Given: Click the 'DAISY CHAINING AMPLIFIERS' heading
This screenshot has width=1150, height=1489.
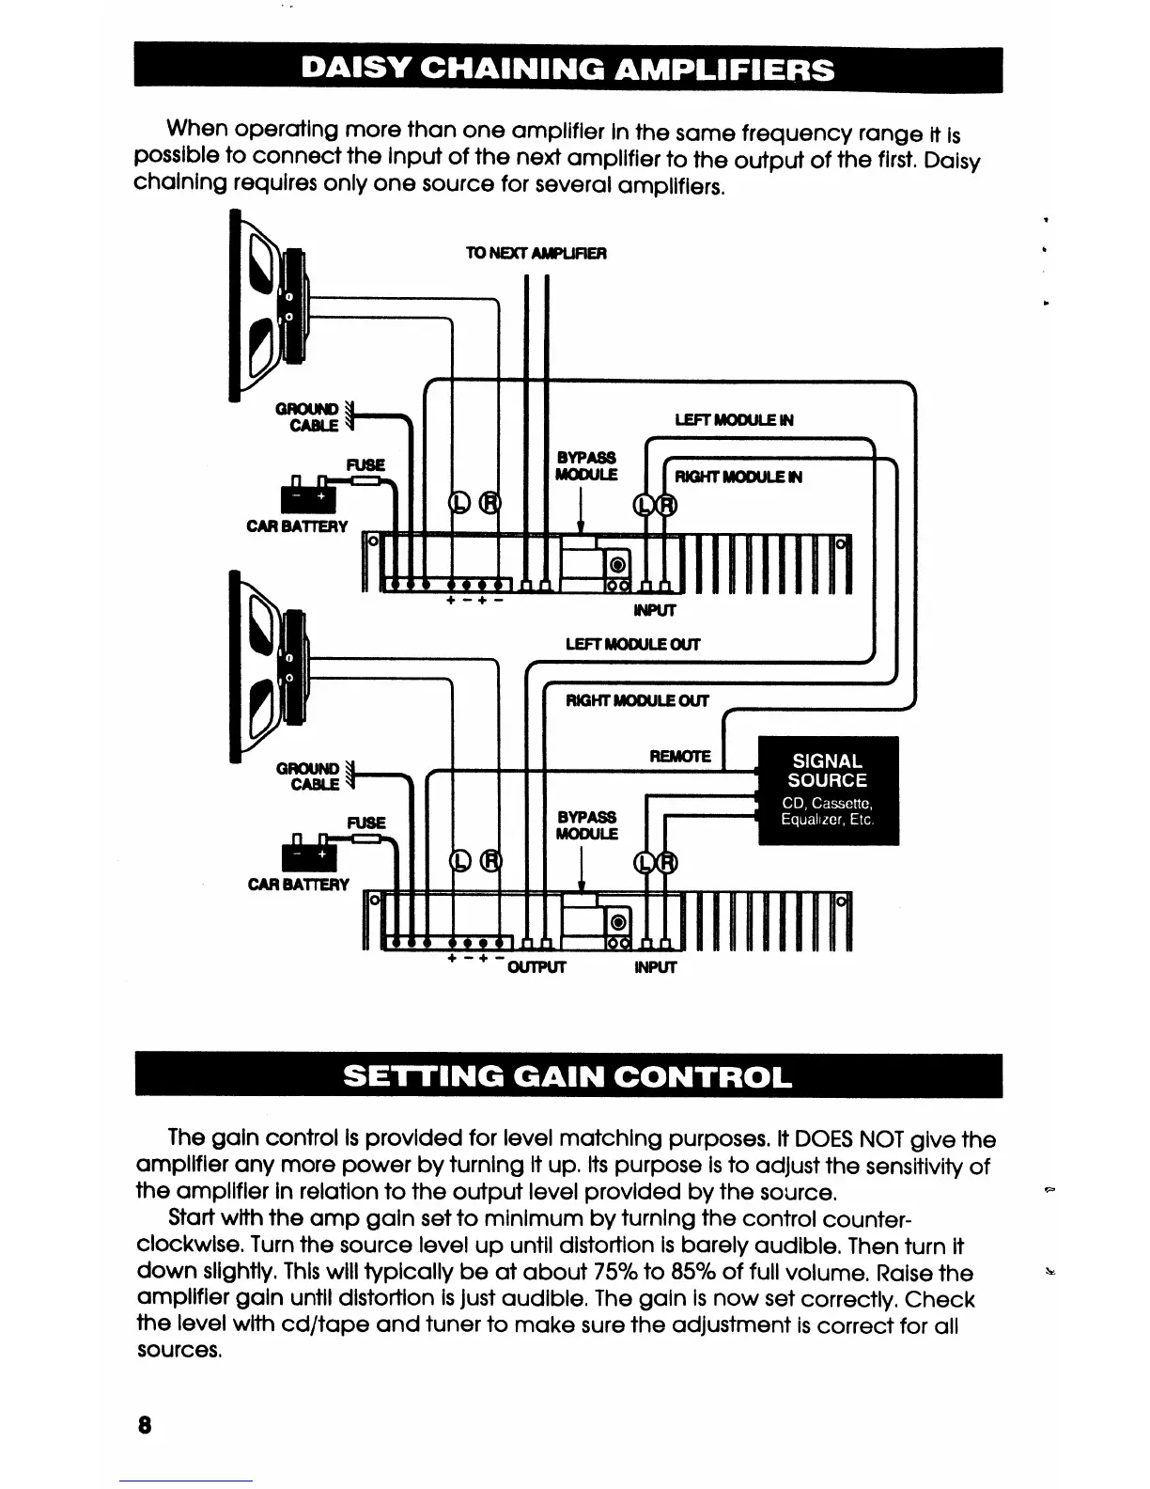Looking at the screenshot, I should [x=567, y=71].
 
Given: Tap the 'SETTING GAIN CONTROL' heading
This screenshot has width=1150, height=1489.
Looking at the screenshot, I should [x=567, y=1075].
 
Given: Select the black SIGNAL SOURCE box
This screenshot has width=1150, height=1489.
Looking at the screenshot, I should [x=828, y=791].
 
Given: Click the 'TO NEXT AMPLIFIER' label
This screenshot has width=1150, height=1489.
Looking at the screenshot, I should [x=536, y=254].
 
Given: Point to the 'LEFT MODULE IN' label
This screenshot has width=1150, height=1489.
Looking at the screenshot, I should [x=735, y=420].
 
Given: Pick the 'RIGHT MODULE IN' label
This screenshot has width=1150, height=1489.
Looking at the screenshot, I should [x=738, y=477].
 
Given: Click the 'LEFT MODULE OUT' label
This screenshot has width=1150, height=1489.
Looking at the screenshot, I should [x=632, y=645].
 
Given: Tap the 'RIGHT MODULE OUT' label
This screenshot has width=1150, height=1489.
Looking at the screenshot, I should [x=637, y=700].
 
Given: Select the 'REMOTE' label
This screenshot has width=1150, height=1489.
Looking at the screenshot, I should [x=680, y=757].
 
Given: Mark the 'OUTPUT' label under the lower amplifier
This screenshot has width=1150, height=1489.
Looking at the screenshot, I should [x=536, y=967].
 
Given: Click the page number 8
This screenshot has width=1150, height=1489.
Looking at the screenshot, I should [x=144, y=1423].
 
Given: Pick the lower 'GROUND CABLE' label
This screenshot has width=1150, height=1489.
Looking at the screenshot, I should [x=308, y=776].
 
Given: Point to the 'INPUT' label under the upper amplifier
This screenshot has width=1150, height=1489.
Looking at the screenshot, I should [x=655, y=611].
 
